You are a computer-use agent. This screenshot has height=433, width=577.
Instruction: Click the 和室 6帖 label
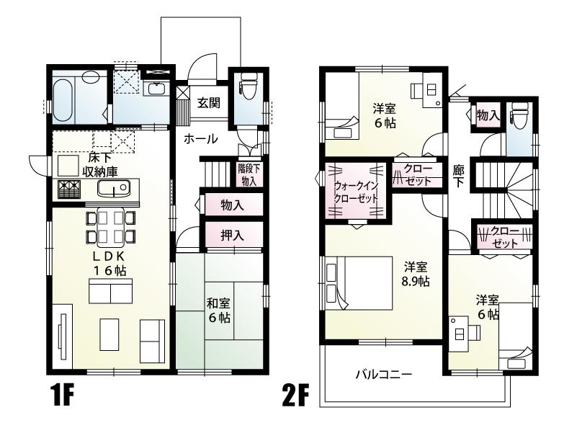pos(218,309)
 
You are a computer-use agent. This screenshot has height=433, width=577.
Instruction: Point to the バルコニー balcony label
pos(383,375)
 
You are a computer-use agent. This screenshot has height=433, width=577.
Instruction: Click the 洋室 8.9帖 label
pos(416,272)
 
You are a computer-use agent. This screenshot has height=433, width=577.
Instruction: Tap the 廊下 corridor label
pos(458,177)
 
